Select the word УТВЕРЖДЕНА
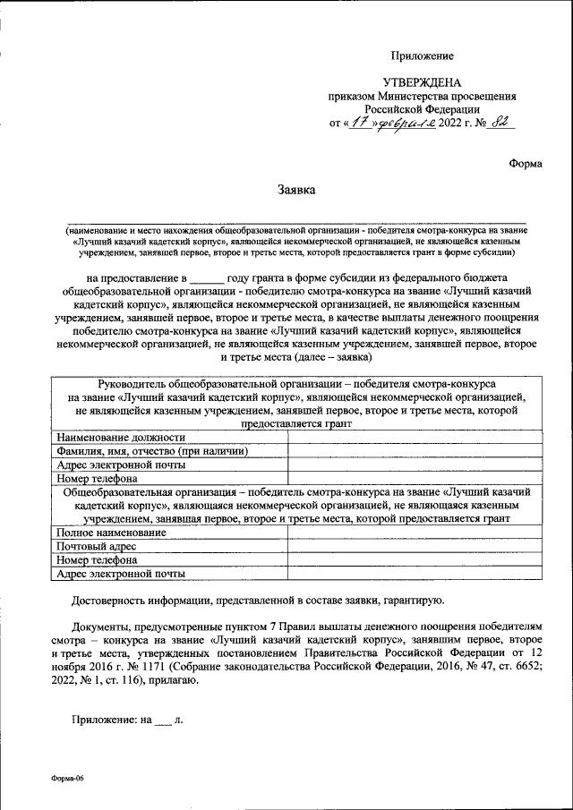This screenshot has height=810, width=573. click(x=427, y=82)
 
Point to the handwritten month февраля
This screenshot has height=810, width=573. click(x=406, y=123)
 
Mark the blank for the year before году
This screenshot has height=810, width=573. click(x=206, y=279)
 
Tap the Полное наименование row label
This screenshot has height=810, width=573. click(x=111, y=533)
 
